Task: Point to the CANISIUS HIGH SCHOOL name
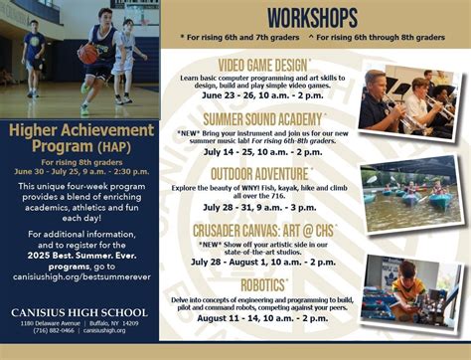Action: [80, 313]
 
